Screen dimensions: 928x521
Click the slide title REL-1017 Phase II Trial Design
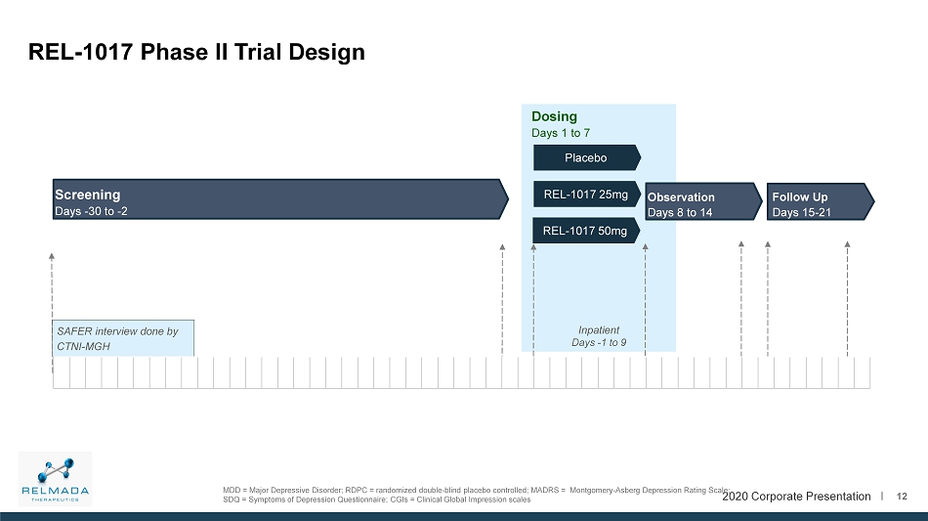click(196, 52)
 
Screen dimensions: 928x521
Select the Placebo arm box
click(586, 157)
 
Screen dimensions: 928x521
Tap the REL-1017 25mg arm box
click(586, 195)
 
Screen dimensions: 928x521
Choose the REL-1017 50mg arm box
click(586, 231)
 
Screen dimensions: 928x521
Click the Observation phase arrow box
click(703, 201)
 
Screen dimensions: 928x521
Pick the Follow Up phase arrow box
click(821, 201)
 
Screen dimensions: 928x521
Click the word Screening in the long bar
click(88, 195)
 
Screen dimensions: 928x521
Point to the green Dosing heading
click(554, 116)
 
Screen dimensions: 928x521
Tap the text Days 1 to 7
click(561, 133)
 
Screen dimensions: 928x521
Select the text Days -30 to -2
click(91, 211)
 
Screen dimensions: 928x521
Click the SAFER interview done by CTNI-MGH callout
click(123, 338)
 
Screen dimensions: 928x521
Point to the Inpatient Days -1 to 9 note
click(599, 336)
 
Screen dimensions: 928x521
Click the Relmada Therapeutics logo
click(55, 479)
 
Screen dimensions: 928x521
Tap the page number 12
click(902, 497)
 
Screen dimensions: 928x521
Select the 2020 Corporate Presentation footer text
click(796, 497)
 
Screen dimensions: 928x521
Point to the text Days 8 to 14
click(680, 212)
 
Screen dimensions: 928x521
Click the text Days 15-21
click(801, 212)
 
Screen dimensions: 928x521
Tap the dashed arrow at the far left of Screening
click(52, 313)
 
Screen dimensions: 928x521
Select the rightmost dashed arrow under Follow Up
click(848, 298)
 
